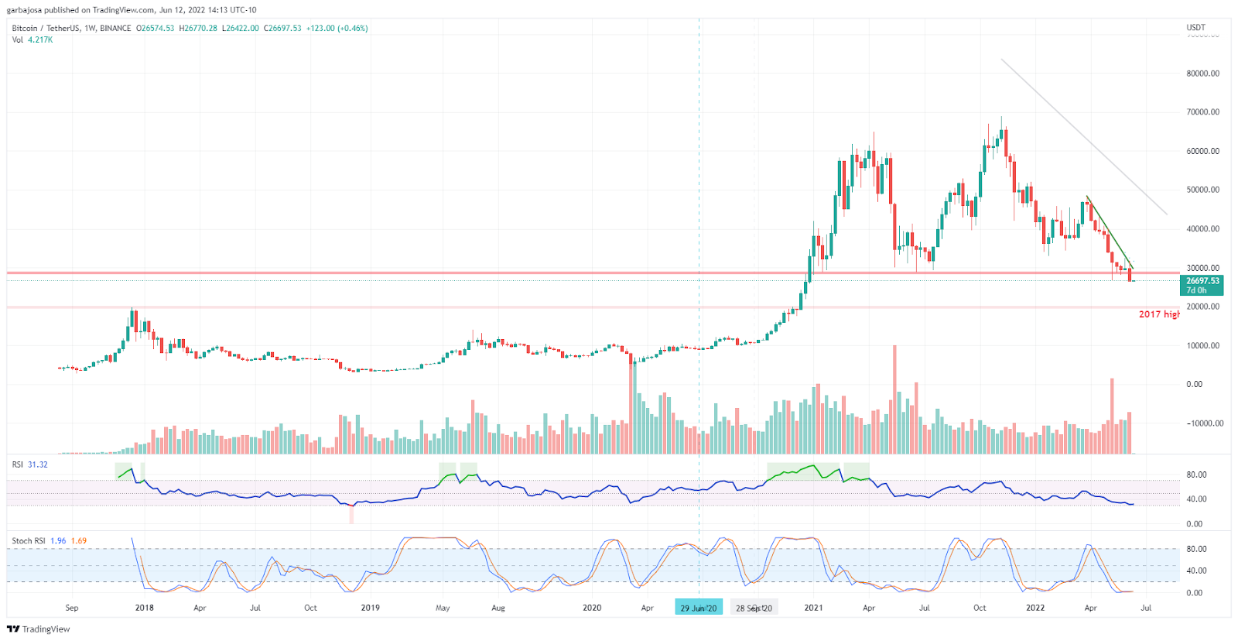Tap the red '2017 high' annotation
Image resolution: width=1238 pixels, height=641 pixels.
tap(1158, 314)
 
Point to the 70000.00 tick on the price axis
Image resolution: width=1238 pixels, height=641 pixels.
tap(1202, 112)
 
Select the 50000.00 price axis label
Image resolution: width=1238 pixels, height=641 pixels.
tap(1202, 190)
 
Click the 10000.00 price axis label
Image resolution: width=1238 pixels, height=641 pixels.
tap(1202, 345)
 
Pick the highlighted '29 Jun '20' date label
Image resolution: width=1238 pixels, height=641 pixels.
tap(698, 608)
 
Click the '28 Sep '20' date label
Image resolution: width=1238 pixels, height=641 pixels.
tap(754, 608)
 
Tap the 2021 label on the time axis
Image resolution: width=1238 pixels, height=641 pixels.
tap(813, 608)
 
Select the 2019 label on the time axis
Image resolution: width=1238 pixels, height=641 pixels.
tap(370, 608)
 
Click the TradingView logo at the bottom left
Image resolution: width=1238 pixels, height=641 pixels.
tap(39, 629)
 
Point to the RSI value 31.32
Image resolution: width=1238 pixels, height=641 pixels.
tap(38, 464)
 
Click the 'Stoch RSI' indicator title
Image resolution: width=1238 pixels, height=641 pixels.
tap(28, 541)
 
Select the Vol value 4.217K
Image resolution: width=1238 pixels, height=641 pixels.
tap(40, 39)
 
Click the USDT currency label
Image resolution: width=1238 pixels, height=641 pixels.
tap(1195, 28)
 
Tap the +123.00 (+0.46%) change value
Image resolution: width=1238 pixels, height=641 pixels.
tap(337, 28)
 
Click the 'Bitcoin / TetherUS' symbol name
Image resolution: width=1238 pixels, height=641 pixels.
tap(46, 28)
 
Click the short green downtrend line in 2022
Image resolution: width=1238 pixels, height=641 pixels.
tap(1110, 231)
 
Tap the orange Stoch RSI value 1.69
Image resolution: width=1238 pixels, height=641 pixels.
tap(79, 541)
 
